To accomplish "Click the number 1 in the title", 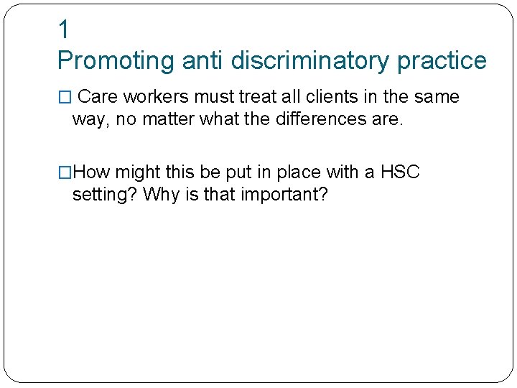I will point(64,30).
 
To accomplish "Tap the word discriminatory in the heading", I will point(311,61).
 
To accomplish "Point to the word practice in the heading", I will point(442,61).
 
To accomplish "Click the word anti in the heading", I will point(203,61).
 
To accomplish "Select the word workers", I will point(155,97).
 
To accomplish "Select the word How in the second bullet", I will point(92,173).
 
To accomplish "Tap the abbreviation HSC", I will point(400,173).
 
